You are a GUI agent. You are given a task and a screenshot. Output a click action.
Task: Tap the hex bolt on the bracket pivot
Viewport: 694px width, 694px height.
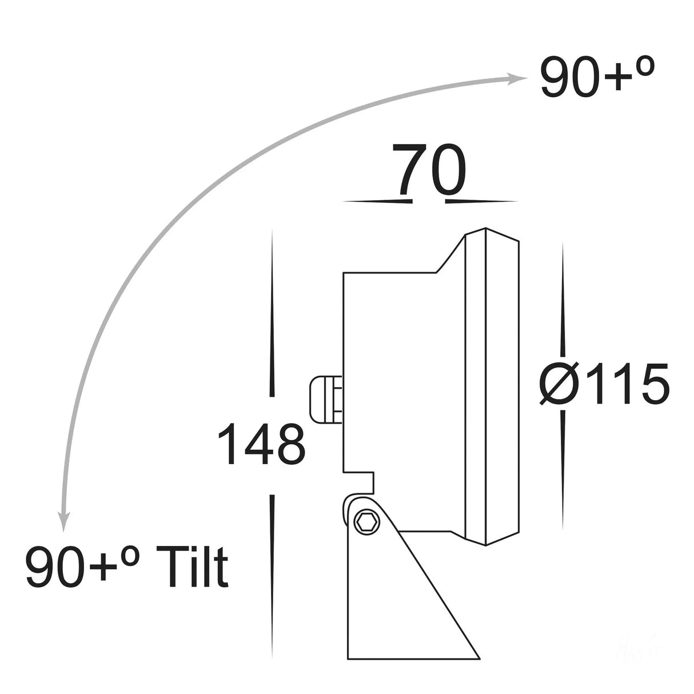coord(365,521)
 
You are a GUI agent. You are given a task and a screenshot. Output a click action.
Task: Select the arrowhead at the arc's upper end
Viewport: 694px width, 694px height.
coord(517,79)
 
